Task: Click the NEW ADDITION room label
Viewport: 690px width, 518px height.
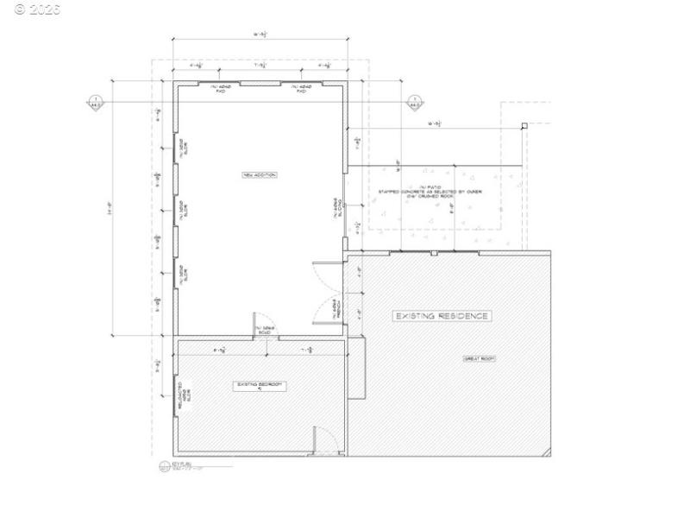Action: tap(259, 175)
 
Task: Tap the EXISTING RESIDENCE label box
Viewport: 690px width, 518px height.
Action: tap(441, 316)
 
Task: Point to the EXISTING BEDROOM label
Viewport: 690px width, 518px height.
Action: tap(260, 385)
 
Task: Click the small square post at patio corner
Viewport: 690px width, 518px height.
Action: tap(524, 126)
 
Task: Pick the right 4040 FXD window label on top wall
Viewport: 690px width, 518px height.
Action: tap(299, 88)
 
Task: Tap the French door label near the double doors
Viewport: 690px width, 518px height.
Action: tap(336, 307)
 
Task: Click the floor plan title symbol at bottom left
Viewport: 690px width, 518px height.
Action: tap(166, 467)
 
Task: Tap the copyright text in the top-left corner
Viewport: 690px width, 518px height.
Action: tap(32, 9)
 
